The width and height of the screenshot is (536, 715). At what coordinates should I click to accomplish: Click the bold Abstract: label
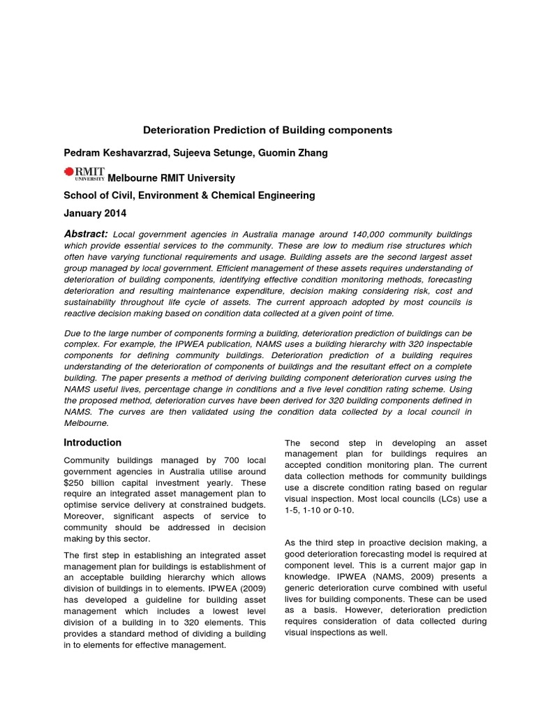pyautogui.click(x=86, y=234)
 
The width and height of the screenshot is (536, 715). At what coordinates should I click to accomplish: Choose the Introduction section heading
pyautogui.click(x=92, y=443)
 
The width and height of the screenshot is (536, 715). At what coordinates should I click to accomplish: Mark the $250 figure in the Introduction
pyautogui.click(x=75, y=483)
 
